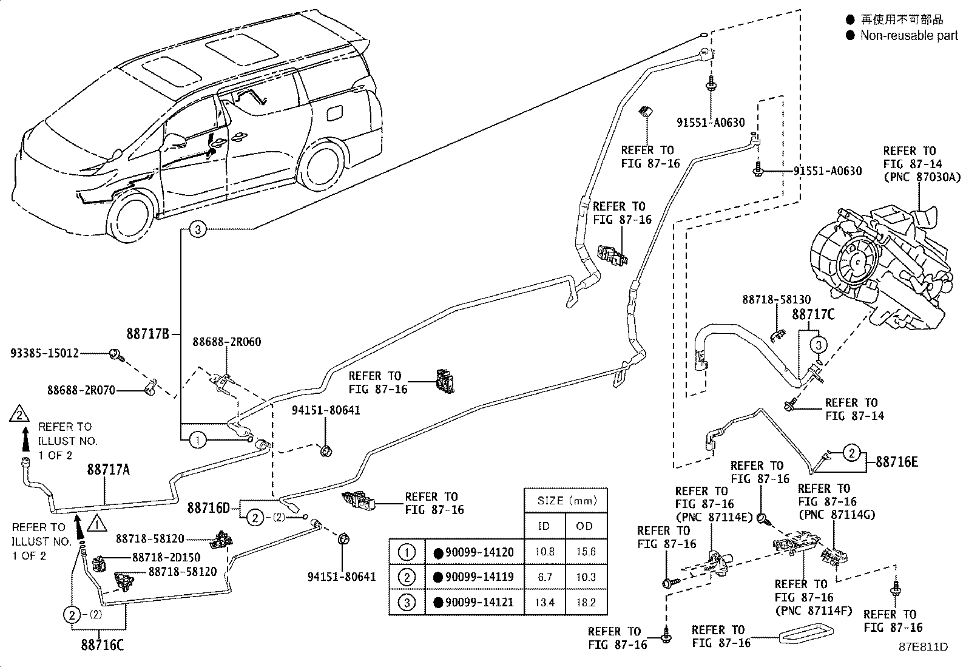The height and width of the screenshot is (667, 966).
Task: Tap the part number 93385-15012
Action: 44,353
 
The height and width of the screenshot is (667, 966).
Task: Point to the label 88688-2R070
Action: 81,390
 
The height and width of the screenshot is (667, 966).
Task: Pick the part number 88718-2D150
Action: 166,557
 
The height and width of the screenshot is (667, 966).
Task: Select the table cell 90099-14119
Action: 474,577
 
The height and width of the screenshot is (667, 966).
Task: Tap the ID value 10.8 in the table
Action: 544,552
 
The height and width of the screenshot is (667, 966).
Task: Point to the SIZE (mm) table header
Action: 565,501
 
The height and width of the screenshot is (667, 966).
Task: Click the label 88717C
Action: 813,314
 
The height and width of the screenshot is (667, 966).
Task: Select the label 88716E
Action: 896,462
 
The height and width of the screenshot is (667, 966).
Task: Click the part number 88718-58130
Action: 776,300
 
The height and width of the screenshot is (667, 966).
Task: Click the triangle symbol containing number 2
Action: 19,415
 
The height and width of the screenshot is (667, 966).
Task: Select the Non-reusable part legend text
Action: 908,36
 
